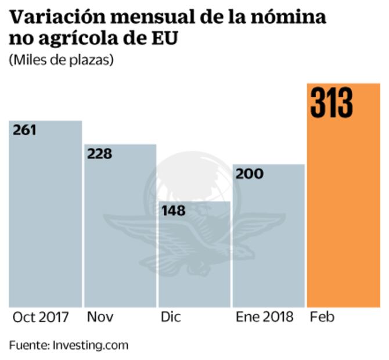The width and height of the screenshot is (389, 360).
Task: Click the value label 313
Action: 332,103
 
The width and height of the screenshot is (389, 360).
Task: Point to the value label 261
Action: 24,130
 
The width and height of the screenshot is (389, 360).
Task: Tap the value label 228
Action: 99,154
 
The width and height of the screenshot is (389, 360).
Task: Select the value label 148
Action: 174,210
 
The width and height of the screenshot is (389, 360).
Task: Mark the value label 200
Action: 249,174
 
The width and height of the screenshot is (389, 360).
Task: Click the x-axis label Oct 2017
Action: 41,317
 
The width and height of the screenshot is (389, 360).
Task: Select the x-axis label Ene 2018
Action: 265,317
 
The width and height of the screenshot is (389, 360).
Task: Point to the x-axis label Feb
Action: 322,317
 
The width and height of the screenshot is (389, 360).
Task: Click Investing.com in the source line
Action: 91,345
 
